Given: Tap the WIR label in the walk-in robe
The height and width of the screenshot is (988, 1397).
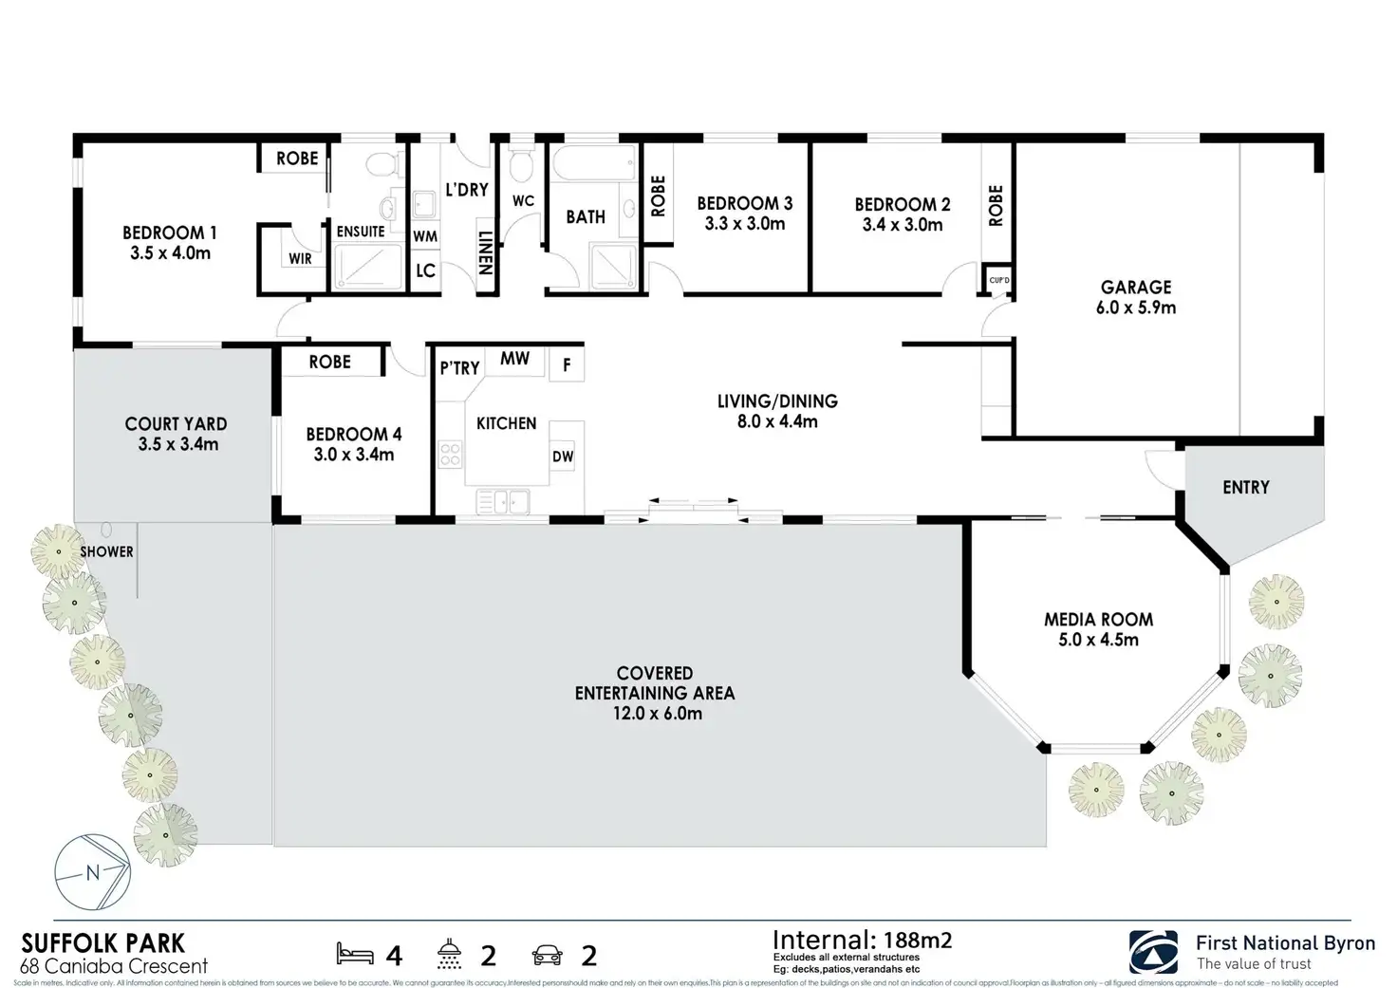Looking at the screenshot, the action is click(x=300, y=258).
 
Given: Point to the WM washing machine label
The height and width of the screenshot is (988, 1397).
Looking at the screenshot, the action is click(x=425, y=236).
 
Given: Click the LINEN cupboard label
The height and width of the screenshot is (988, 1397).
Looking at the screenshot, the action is click(x=484, y=252).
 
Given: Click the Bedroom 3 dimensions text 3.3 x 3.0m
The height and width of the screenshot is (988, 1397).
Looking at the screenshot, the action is click(x=745, y=224).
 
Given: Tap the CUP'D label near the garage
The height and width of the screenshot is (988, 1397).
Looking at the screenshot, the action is click(x=998, y=280).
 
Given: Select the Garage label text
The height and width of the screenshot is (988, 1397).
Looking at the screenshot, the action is click(x=1136, y=287).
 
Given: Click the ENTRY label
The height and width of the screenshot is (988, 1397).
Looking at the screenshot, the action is click(x=1245, y=487).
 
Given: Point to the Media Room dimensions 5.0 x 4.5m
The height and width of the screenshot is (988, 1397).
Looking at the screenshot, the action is click(x=1098, y=640).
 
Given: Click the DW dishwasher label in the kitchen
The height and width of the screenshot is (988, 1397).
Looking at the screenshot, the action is click(x=563, y=457).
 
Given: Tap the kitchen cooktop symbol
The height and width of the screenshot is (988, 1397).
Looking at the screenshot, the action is click(x=450, y=455).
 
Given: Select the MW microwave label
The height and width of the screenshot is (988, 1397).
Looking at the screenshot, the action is click(x=514, y=359).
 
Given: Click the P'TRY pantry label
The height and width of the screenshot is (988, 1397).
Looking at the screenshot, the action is click(x=459, y=368).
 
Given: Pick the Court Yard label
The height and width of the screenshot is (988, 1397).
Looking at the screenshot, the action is click(x=176, y=424).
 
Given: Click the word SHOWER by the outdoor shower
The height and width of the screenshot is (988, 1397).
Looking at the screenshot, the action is click(x=106, y=551).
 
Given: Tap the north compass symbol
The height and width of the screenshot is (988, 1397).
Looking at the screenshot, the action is click(x=92, y=873).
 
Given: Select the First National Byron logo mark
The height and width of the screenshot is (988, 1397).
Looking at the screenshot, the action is click(x=1153, y=951).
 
